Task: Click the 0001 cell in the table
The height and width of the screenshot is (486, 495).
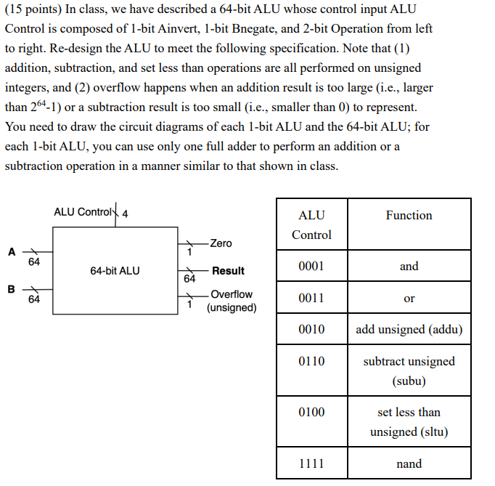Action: [311, 267]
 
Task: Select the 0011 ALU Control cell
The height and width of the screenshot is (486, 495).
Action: [311, 298]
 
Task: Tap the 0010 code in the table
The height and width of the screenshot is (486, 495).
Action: [311, 330]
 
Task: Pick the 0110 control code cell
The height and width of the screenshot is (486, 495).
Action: [311, 361]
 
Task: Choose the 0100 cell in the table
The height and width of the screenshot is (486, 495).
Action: [311, 412]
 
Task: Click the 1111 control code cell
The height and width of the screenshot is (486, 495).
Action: [311, 463]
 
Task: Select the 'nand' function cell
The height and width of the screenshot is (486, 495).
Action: [409, 463]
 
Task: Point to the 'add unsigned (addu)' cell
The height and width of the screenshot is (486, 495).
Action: [409, 330]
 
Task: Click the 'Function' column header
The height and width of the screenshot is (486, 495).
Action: [409, 215]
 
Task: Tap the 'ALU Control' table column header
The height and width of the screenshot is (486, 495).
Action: [311, 224]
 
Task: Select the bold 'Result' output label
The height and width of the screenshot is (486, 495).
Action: [228, 271]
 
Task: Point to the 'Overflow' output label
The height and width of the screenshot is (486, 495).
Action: [232, 294]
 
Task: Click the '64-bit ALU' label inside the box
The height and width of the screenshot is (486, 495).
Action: [115, 271]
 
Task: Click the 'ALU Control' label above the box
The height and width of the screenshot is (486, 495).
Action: [83, 212]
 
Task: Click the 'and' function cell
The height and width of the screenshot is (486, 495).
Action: [409, 267]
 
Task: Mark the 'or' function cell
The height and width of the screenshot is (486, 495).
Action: [409, 298]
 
